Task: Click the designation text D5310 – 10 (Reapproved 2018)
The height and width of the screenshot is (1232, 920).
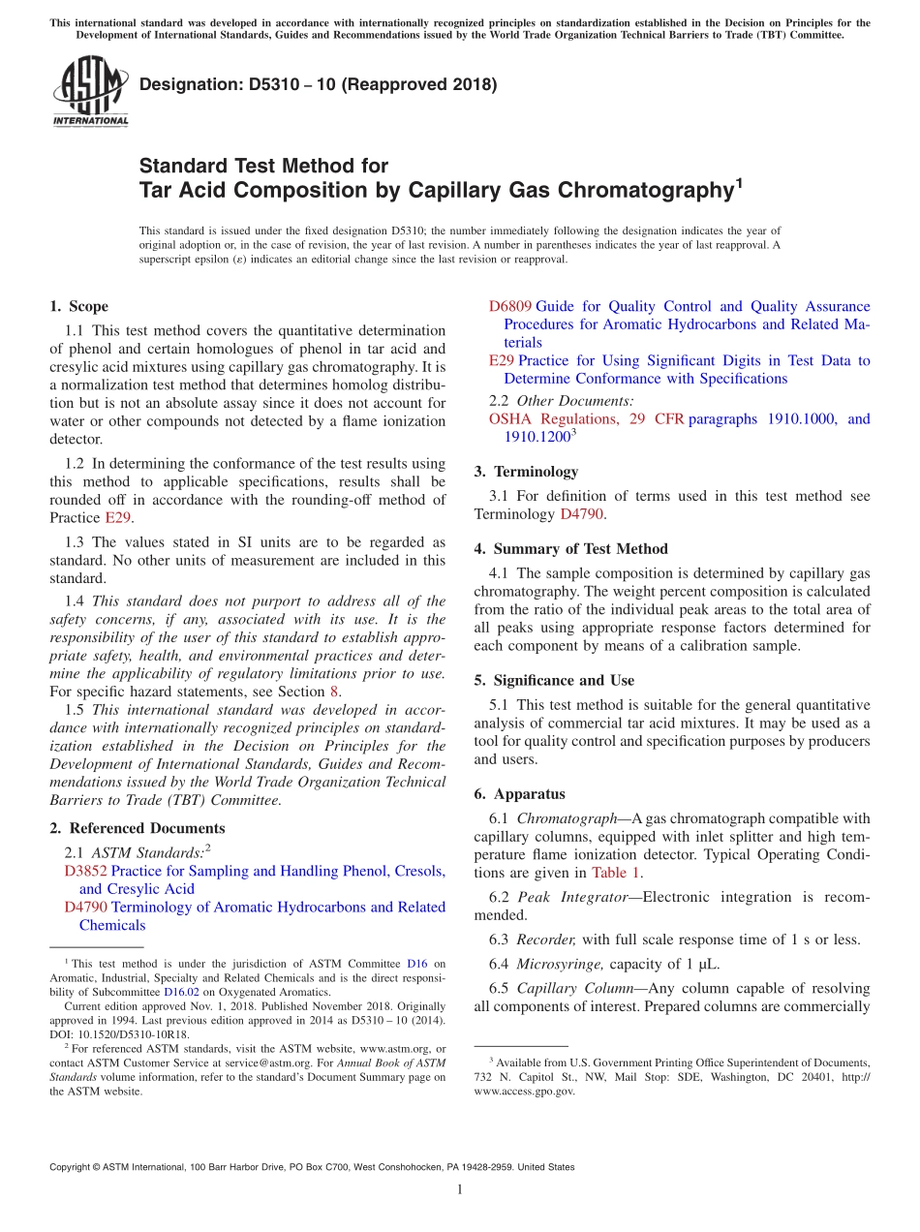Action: pos(318,84)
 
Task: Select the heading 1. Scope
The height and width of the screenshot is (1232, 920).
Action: pos(78,306)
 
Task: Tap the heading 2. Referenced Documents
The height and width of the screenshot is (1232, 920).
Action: pos(137,828)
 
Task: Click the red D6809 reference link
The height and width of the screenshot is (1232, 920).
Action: pos(509,306)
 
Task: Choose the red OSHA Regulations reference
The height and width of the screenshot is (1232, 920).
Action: pos(553,418)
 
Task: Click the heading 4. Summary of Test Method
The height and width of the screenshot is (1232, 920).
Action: pos(570,548)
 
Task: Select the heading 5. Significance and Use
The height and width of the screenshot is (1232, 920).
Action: pos(554,680)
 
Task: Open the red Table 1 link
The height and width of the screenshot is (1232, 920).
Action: pos(616,872)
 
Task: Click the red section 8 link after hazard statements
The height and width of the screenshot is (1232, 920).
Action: pos(335,692)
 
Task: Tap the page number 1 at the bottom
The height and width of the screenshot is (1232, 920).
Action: pos(460,1189)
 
